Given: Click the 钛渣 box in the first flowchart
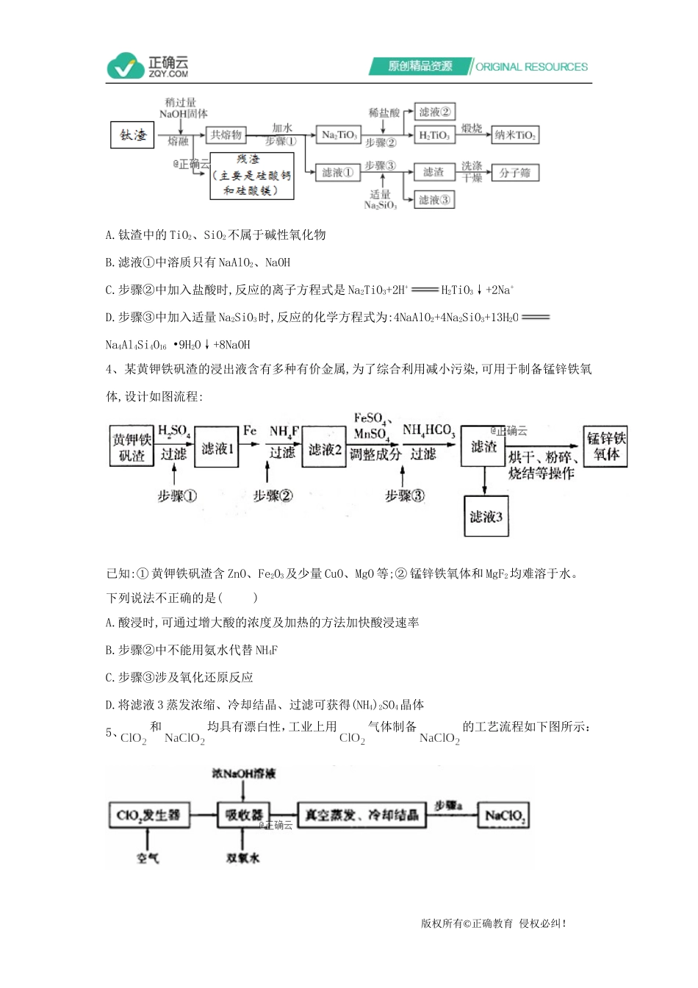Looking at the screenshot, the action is click(133, 135).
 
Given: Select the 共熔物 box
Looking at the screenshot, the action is click(226, 135).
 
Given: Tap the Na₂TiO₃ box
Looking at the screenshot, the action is click(339, 135).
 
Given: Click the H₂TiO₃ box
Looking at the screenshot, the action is click(434, 135).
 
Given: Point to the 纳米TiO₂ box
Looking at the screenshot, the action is click(515, 135).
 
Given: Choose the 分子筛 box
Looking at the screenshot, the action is click(515, 173).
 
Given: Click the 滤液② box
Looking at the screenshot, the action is click(434, 112).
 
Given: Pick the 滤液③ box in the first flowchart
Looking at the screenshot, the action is click(434, 199).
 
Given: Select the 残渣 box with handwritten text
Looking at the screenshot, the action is click(252, 176).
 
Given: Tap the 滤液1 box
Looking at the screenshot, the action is click(217, 447).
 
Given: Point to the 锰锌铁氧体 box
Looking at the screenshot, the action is click(605, 446).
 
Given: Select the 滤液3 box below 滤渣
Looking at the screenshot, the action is click(486, 516).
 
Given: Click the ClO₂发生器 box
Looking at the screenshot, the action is click(148, 815).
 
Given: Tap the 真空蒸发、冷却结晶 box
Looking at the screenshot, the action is click(361, 815).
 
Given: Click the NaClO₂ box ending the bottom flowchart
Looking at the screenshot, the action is click(505, 815).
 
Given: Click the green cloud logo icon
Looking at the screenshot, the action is click(126, 66).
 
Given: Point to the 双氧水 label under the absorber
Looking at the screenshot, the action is click(243, 858).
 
